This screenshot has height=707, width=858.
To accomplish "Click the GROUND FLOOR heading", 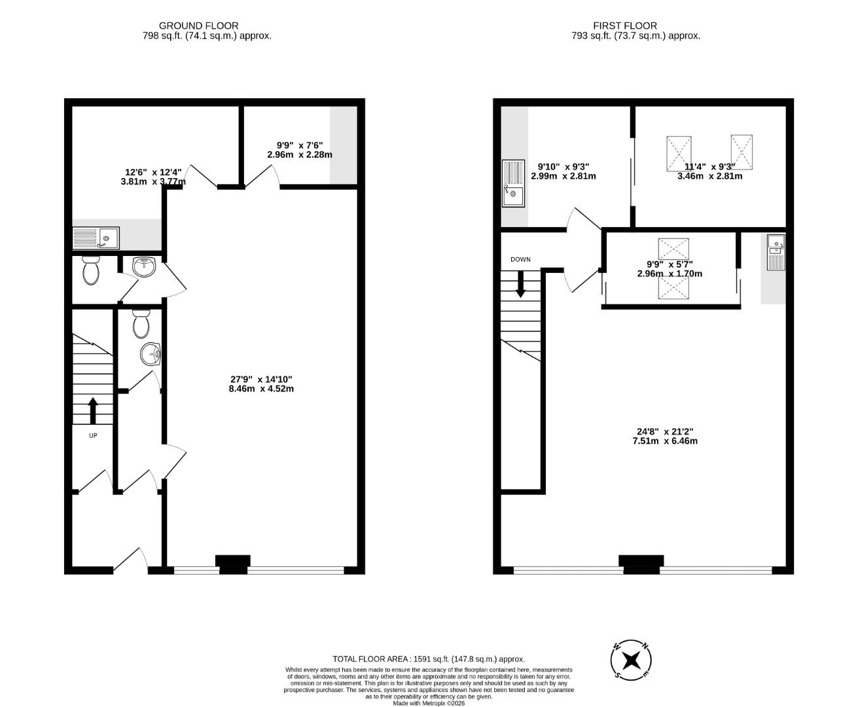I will point(198,26).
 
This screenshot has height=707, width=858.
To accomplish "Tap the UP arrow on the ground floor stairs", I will point(92,410).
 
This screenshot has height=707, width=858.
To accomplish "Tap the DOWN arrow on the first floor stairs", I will point(521,284).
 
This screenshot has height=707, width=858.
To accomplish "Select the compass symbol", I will point(631,659).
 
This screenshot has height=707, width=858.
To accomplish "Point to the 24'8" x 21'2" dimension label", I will point(665,436).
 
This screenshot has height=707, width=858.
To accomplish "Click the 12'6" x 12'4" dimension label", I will point(153,177).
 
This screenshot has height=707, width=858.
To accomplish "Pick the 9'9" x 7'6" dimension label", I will point(300,150).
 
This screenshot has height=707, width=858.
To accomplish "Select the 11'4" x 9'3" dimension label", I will point(709,171).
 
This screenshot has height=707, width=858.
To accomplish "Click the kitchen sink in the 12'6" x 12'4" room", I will point(96,238).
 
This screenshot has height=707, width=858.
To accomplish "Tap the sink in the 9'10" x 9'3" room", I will point(514,183).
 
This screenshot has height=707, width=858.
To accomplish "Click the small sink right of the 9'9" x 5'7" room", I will point(776,251).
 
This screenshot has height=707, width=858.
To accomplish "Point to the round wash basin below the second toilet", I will point(151,355).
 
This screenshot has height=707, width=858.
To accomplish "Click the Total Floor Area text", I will point(429,659).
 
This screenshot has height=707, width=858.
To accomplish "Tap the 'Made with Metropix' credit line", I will point(429,703).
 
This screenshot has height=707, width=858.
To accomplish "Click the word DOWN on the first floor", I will point(520,259).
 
